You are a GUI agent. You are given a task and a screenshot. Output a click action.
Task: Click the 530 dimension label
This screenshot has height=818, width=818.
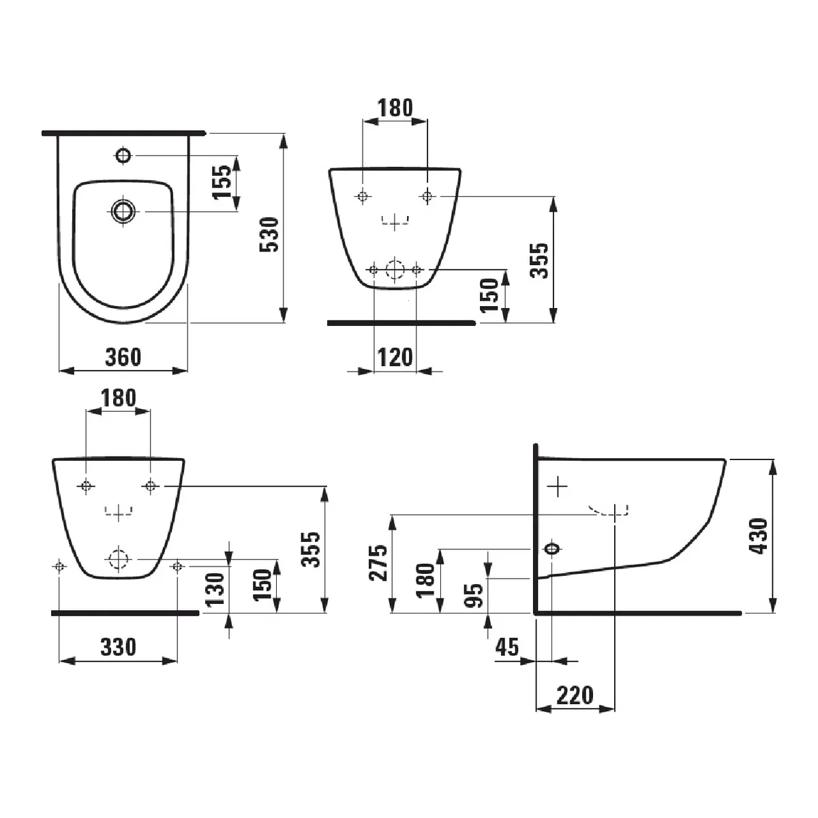[269, 234]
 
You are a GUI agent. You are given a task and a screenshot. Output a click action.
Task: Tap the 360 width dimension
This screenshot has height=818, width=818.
[123, 357]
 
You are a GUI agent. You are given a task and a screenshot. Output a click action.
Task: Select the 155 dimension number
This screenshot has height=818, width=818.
[222, 182]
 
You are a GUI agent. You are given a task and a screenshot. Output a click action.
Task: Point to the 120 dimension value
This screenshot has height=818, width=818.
[395, 357]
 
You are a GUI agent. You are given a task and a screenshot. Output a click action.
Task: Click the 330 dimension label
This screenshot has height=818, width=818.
[119, 647]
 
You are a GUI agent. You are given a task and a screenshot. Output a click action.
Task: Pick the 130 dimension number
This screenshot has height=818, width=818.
[215, 589]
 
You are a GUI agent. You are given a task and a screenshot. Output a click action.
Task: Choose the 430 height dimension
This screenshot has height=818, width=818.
[759, 536]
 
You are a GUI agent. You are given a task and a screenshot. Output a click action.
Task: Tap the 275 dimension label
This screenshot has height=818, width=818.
[378, 563]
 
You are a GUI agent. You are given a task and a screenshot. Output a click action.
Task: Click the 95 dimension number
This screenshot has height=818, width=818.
[474, 596]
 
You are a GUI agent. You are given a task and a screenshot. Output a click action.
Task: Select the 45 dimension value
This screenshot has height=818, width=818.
[507, 647]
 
